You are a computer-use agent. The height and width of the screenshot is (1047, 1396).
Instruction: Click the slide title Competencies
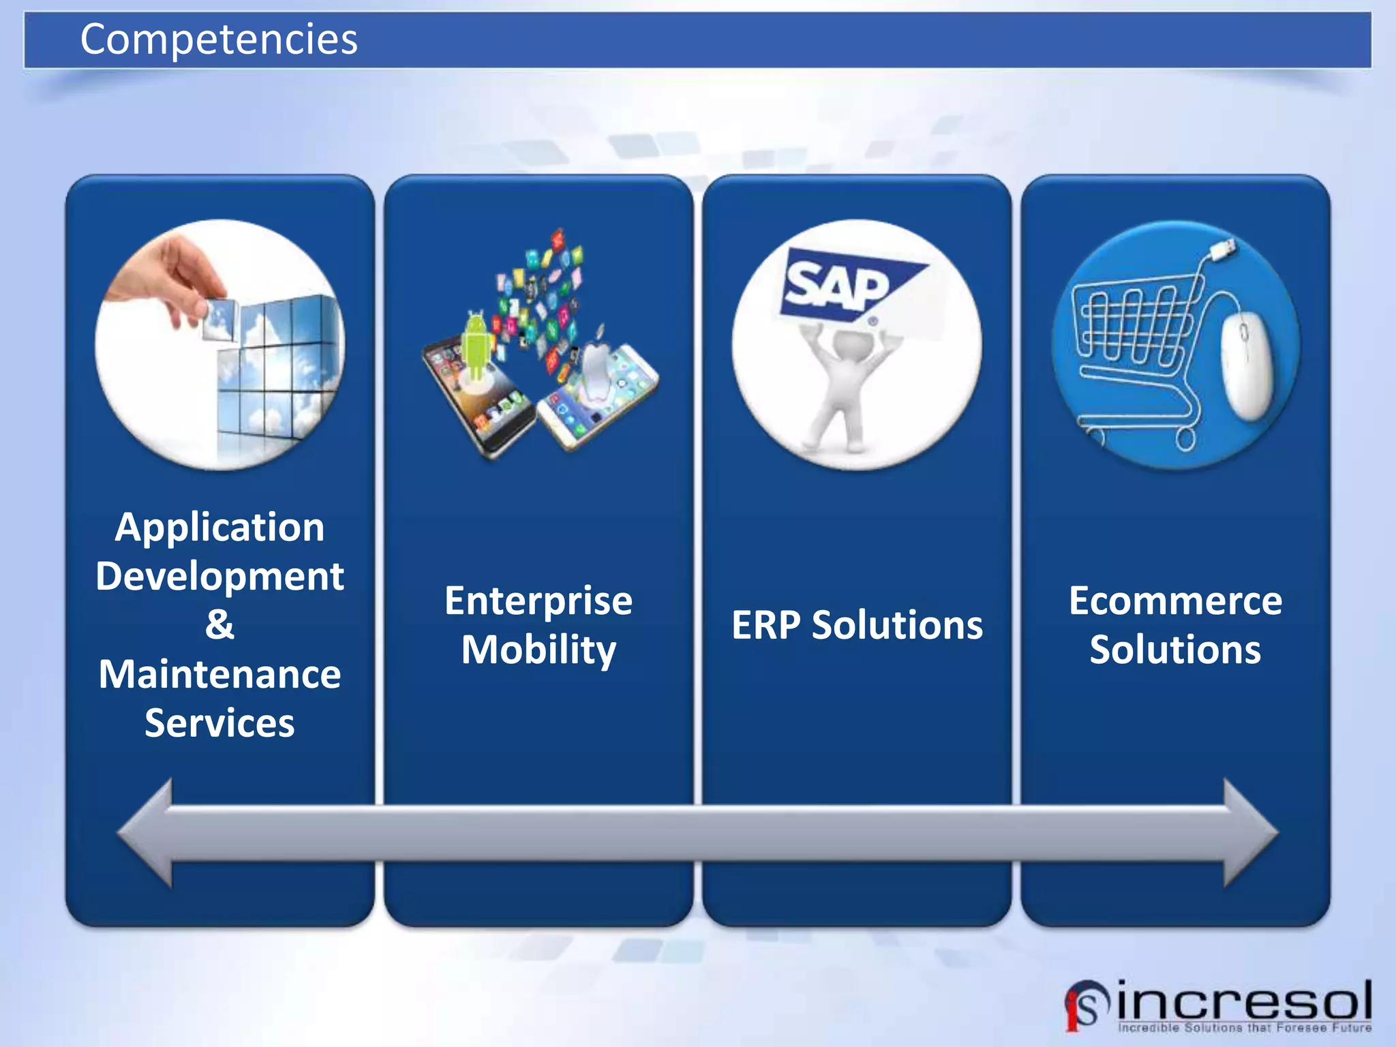coord(218,40)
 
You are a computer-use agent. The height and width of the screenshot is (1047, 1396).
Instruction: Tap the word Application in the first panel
coord(219,528)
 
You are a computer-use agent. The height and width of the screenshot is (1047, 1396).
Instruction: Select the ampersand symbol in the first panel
coord(219,624)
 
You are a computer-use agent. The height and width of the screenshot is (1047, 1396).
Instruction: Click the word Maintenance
coord(219,675)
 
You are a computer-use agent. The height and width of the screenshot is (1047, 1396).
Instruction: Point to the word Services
coord(219,723)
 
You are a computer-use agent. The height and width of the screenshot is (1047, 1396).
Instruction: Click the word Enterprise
coord(538,601)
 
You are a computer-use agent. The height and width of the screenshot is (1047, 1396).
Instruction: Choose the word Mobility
coord(538,650)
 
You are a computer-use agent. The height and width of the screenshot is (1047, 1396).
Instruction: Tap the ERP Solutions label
coord(857,625)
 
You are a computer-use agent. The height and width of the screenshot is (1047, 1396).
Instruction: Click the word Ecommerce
coord(1175,601)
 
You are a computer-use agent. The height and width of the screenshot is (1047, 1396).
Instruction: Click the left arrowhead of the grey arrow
coord(147,832)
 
